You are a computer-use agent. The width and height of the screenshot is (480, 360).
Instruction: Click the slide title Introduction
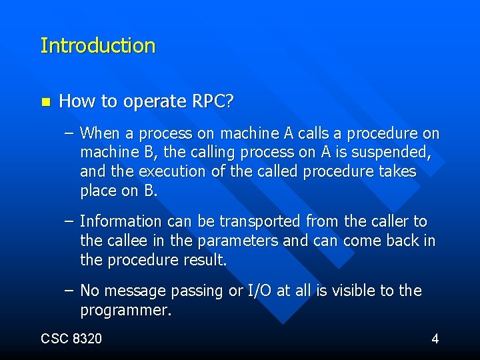click(x=97, y=46)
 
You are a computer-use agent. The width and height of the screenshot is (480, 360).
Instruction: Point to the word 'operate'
click(x=149, y=102)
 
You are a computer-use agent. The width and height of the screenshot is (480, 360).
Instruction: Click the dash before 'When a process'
click(x=70, y=133)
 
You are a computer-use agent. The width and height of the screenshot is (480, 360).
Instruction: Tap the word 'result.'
click(x=204, y=259)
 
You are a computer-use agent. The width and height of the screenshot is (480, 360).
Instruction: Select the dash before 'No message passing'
click(x=70, y=291)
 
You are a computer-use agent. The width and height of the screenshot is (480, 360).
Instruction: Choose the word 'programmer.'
click(x=126, y=310)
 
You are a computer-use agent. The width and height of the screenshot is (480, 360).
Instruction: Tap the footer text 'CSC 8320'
click(x=71, y=339)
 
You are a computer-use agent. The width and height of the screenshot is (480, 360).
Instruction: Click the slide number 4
click(x=435, y=339)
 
